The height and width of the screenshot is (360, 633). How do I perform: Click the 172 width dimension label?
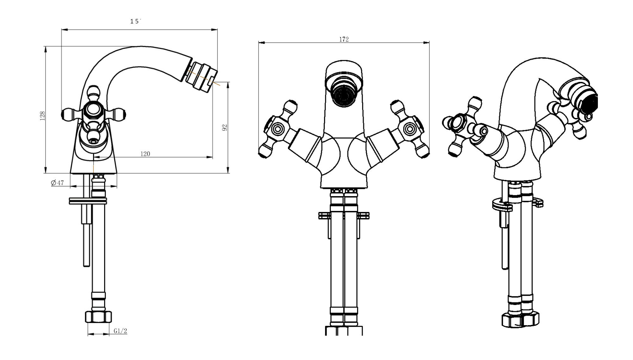pyautogui.click(x=344, y=39)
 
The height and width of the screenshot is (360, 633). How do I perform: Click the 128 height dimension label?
pyautogui.click(x=42, y=116)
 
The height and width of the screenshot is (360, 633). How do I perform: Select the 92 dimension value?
pyautogui.click(x=225, y=128)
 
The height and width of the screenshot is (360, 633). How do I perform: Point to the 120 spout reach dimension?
pyautogui.click(x=145, y=154)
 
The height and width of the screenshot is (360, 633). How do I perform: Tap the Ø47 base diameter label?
pyautogui.click(x=58, y=183)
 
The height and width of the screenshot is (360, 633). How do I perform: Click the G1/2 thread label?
pyautogui.click(x=120, y=331)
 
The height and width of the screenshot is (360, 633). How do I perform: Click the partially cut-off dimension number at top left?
pyautogui.click(x=135, y=21)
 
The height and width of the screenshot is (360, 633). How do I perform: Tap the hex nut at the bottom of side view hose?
pyautogui.click(x=98, y=317)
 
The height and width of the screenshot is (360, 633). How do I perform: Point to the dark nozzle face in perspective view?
pyautogui.click(x=591, y=103)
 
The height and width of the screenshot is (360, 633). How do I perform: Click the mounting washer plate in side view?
pyautogui.click(x=88, y=201)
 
